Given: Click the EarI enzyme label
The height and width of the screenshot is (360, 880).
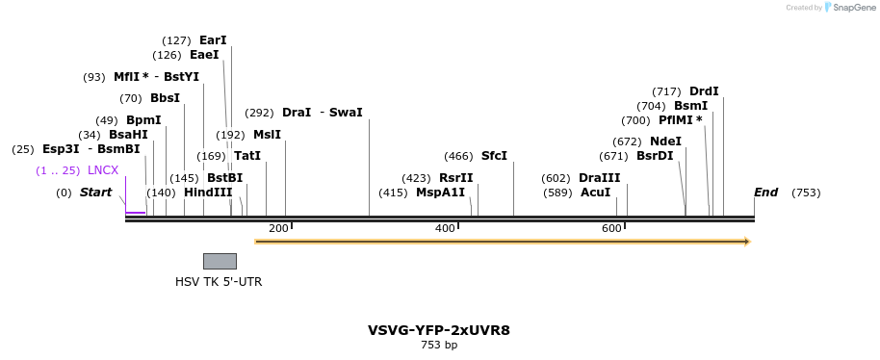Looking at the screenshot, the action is tap(213, 40).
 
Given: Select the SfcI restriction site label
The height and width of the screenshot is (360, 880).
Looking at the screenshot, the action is tap(494, 156).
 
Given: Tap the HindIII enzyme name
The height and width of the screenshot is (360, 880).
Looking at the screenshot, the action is tap(208, 193).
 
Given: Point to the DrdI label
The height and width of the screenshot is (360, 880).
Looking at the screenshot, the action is tap(704, 91).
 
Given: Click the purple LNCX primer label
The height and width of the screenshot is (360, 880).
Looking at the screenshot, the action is tap(103, 170).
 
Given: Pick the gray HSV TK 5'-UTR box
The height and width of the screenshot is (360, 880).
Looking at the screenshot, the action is tap(220, 261).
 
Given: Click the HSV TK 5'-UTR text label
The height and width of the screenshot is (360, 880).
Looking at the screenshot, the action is tap(219, 282).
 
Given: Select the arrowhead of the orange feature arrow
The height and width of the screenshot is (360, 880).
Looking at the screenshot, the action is tap(745, 242).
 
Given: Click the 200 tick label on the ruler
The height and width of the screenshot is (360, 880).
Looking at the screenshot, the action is tap(278, 228).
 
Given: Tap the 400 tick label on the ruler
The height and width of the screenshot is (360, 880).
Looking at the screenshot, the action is tap(445, 228).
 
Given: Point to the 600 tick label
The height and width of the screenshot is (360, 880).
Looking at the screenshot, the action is tap(611, 228).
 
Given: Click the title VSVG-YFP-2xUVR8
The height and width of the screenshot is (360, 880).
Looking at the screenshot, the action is tap(439, 330).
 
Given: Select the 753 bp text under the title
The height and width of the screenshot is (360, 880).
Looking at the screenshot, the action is tap(439, 345).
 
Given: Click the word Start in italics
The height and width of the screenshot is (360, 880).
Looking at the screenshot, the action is tap(95, 193).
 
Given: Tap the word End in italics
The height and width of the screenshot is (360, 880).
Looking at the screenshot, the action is tap(765, 193).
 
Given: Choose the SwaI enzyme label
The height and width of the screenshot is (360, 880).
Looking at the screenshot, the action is tap(346, 113).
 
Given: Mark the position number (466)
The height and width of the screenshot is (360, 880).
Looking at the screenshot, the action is tap(458, 156).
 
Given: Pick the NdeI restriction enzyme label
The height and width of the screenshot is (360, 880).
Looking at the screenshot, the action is tap(665, 141).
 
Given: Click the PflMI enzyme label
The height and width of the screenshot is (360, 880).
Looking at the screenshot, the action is tap(680, 120).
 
